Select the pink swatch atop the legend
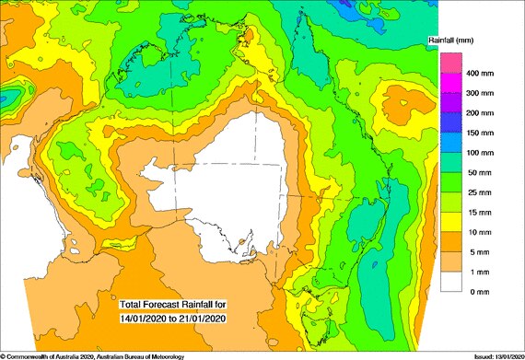(x=450, y=63)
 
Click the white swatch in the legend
(x=450, y=281)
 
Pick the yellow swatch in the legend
(x=450, y=222)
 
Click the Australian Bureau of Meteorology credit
(x=140, y=355)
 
